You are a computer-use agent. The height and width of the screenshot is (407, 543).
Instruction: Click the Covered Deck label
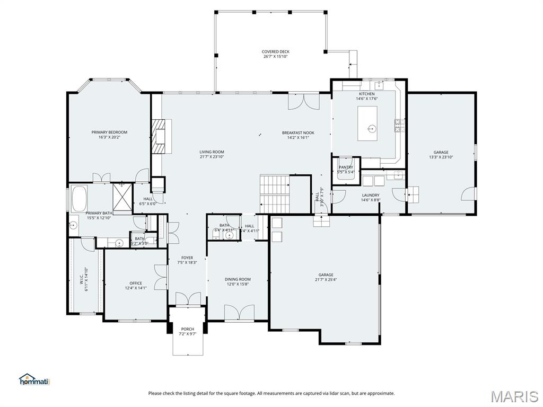pos(275,52)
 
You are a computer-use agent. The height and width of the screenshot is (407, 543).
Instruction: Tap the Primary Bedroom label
pos(109,132)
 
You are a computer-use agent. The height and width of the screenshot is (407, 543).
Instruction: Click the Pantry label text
pos(346,167)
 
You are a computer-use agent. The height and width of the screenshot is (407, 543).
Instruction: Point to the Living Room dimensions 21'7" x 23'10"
pos(212,157)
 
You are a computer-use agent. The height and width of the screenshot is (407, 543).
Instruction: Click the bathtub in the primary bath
pos(80,198)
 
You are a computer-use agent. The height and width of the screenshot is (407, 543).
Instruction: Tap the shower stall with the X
pos(122,199)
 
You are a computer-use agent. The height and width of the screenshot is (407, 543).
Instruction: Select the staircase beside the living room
pos(275,194)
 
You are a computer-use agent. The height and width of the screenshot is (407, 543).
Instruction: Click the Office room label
pos(136,283)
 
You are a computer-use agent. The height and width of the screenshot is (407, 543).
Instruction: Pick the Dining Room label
pos(238,279)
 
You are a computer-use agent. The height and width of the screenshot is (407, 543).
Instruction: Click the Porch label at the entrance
pos(187,329)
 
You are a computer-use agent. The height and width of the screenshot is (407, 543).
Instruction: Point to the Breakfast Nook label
pos(298,132)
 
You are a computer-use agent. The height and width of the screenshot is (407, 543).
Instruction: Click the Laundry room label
pos(371,195)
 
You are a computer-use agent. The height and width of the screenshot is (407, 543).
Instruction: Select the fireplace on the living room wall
pos(159,136)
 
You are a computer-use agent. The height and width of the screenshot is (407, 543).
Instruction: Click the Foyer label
pos(187,258)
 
